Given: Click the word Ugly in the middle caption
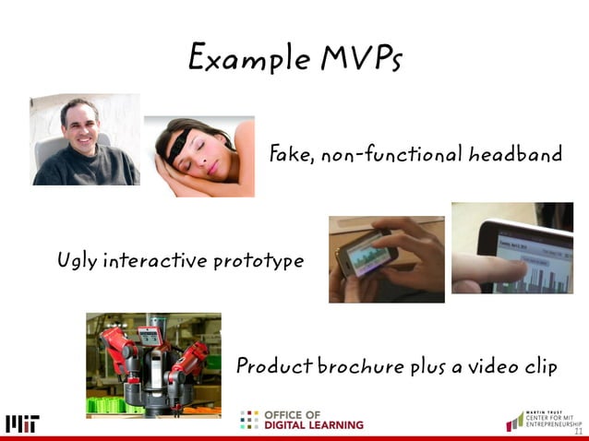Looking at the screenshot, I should [77, 261].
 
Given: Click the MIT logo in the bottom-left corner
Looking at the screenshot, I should [22, 423].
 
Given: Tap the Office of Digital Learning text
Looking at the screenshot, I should [314, 420].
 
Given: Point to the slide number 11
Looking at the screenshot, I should [578, 432].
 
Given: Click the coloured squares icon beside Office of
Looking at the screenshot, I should [249, 420].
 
